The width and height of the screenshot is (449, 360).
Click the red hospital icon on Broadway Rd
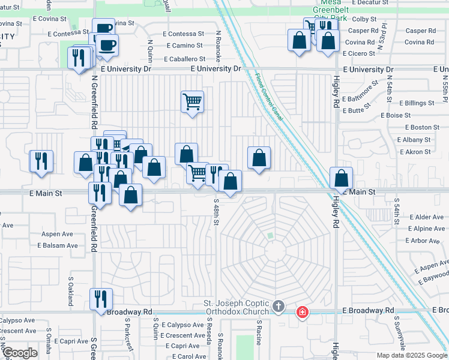click(303, 311)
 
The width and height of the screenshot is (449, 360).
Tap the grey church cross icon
click(278, 307)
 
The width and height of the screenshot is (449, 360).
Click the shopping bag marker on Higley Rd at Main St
click(341, 178)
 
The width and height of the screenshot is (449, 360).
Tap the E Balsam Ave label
click(58, 245)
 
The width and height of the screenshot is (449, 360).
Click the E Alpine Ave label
click(426, 229)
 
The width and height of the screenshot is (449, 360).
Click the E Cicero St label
click(359, 53)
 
